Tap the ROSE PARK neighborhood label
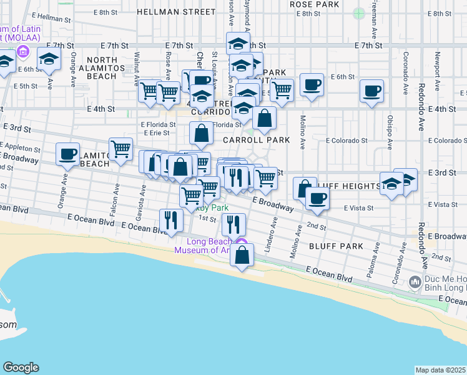[314, 4]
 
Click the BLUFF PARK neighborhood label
[336, 246]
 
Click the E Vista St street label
[358, 207]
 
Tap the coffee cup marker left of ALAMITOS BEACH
[67, 154]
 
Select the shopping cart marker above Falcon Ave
[120, 149]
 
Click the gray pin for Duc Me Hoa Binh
[415, 283]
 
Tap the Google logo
[21, 367]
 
